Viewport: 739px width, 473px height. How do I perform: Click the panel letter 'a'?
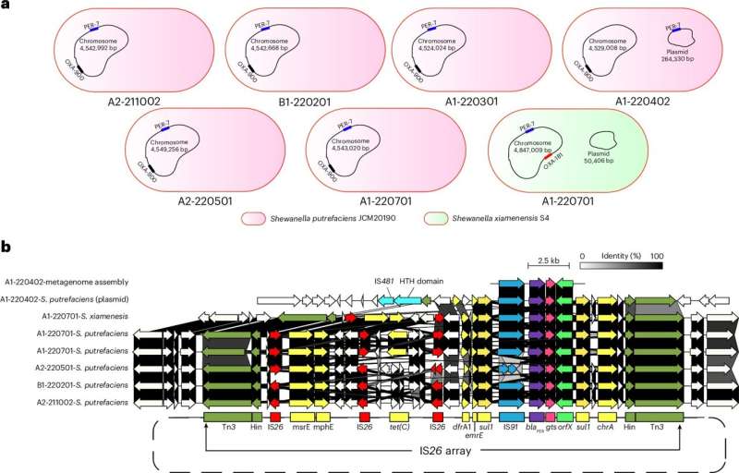point(5,6)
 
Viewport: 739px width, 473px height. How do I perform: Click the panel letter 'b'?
point(6,249)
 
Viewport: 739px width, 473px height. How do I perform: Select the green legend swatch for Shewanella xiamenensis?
point(433,219)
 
